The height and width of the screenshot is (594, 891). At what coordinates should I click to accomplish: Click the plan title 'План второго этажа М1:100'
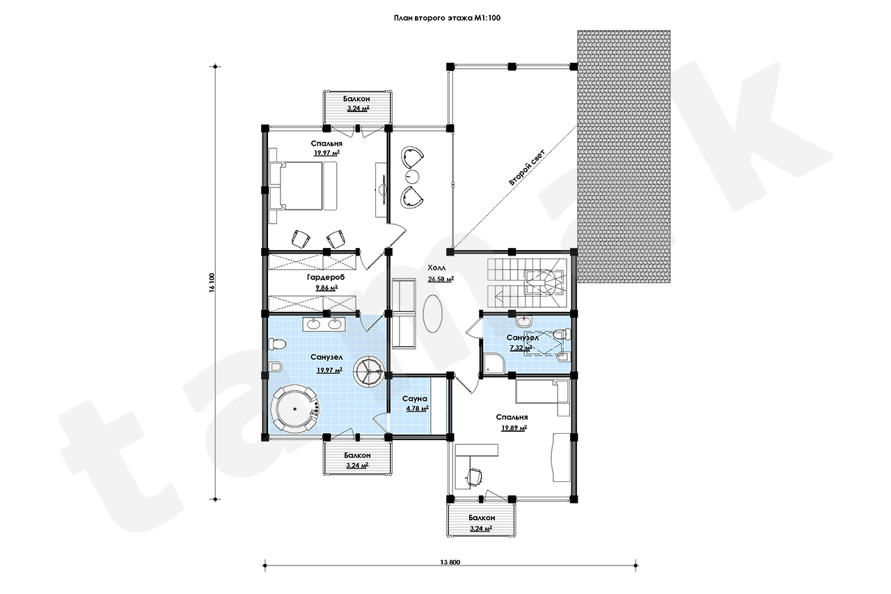tap(447, 18)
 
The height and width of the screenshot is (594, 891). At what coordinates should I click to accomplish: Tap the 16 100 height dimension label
tap(212, 283)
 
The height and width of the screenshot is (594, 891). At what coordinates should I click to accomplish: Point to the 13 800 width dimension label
tap(450, 562)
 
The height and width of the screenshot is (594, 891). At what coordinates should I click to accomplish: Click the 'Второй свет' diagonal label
tap(527, 168)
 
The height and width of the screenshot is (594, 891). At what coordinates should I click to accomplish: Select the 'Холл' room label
tap(436, 267)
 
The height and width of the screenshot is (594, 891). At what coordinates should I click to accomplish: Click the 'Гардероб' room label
tap(325, 277)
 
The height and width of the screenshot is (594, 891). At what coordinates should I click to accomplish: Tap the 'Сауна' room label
tap(414, 398)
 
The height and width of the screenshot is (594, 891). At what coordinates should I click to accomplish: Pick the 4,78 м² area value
tap(417, 409)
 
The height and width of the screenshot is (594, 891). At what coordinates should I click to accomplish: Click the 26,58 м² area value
tap(441, 279)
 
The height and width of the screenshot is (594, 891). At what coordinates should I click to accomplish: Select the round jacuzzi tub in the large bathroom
tap(294, 409)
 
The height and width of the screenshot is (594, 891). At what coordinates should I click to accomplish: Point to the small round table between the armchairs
tap(413, 176)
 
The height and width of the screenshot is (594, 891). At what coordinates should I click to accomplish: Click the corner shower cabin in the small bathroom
tap(494, 364)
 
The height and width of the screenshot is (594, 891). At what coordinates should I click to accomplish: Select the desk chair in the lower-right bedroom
tap(474, 476)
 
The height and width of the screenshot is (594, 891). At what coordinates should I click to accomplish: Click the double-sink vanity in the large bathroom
tap(324, 324)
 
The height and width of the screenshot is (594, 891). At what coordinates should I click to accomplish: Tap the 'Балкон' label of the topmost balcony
tap(356, 99)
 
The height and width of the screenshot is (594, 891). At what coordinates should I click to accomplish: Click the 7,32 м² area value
tap(521, 347)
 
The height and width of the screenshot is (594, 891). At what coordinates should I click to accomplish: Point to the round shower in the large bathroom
tap(370, 372)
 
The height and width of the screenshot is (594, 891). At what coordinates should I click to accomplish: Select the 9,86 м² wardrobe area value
tap(326, 288)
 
